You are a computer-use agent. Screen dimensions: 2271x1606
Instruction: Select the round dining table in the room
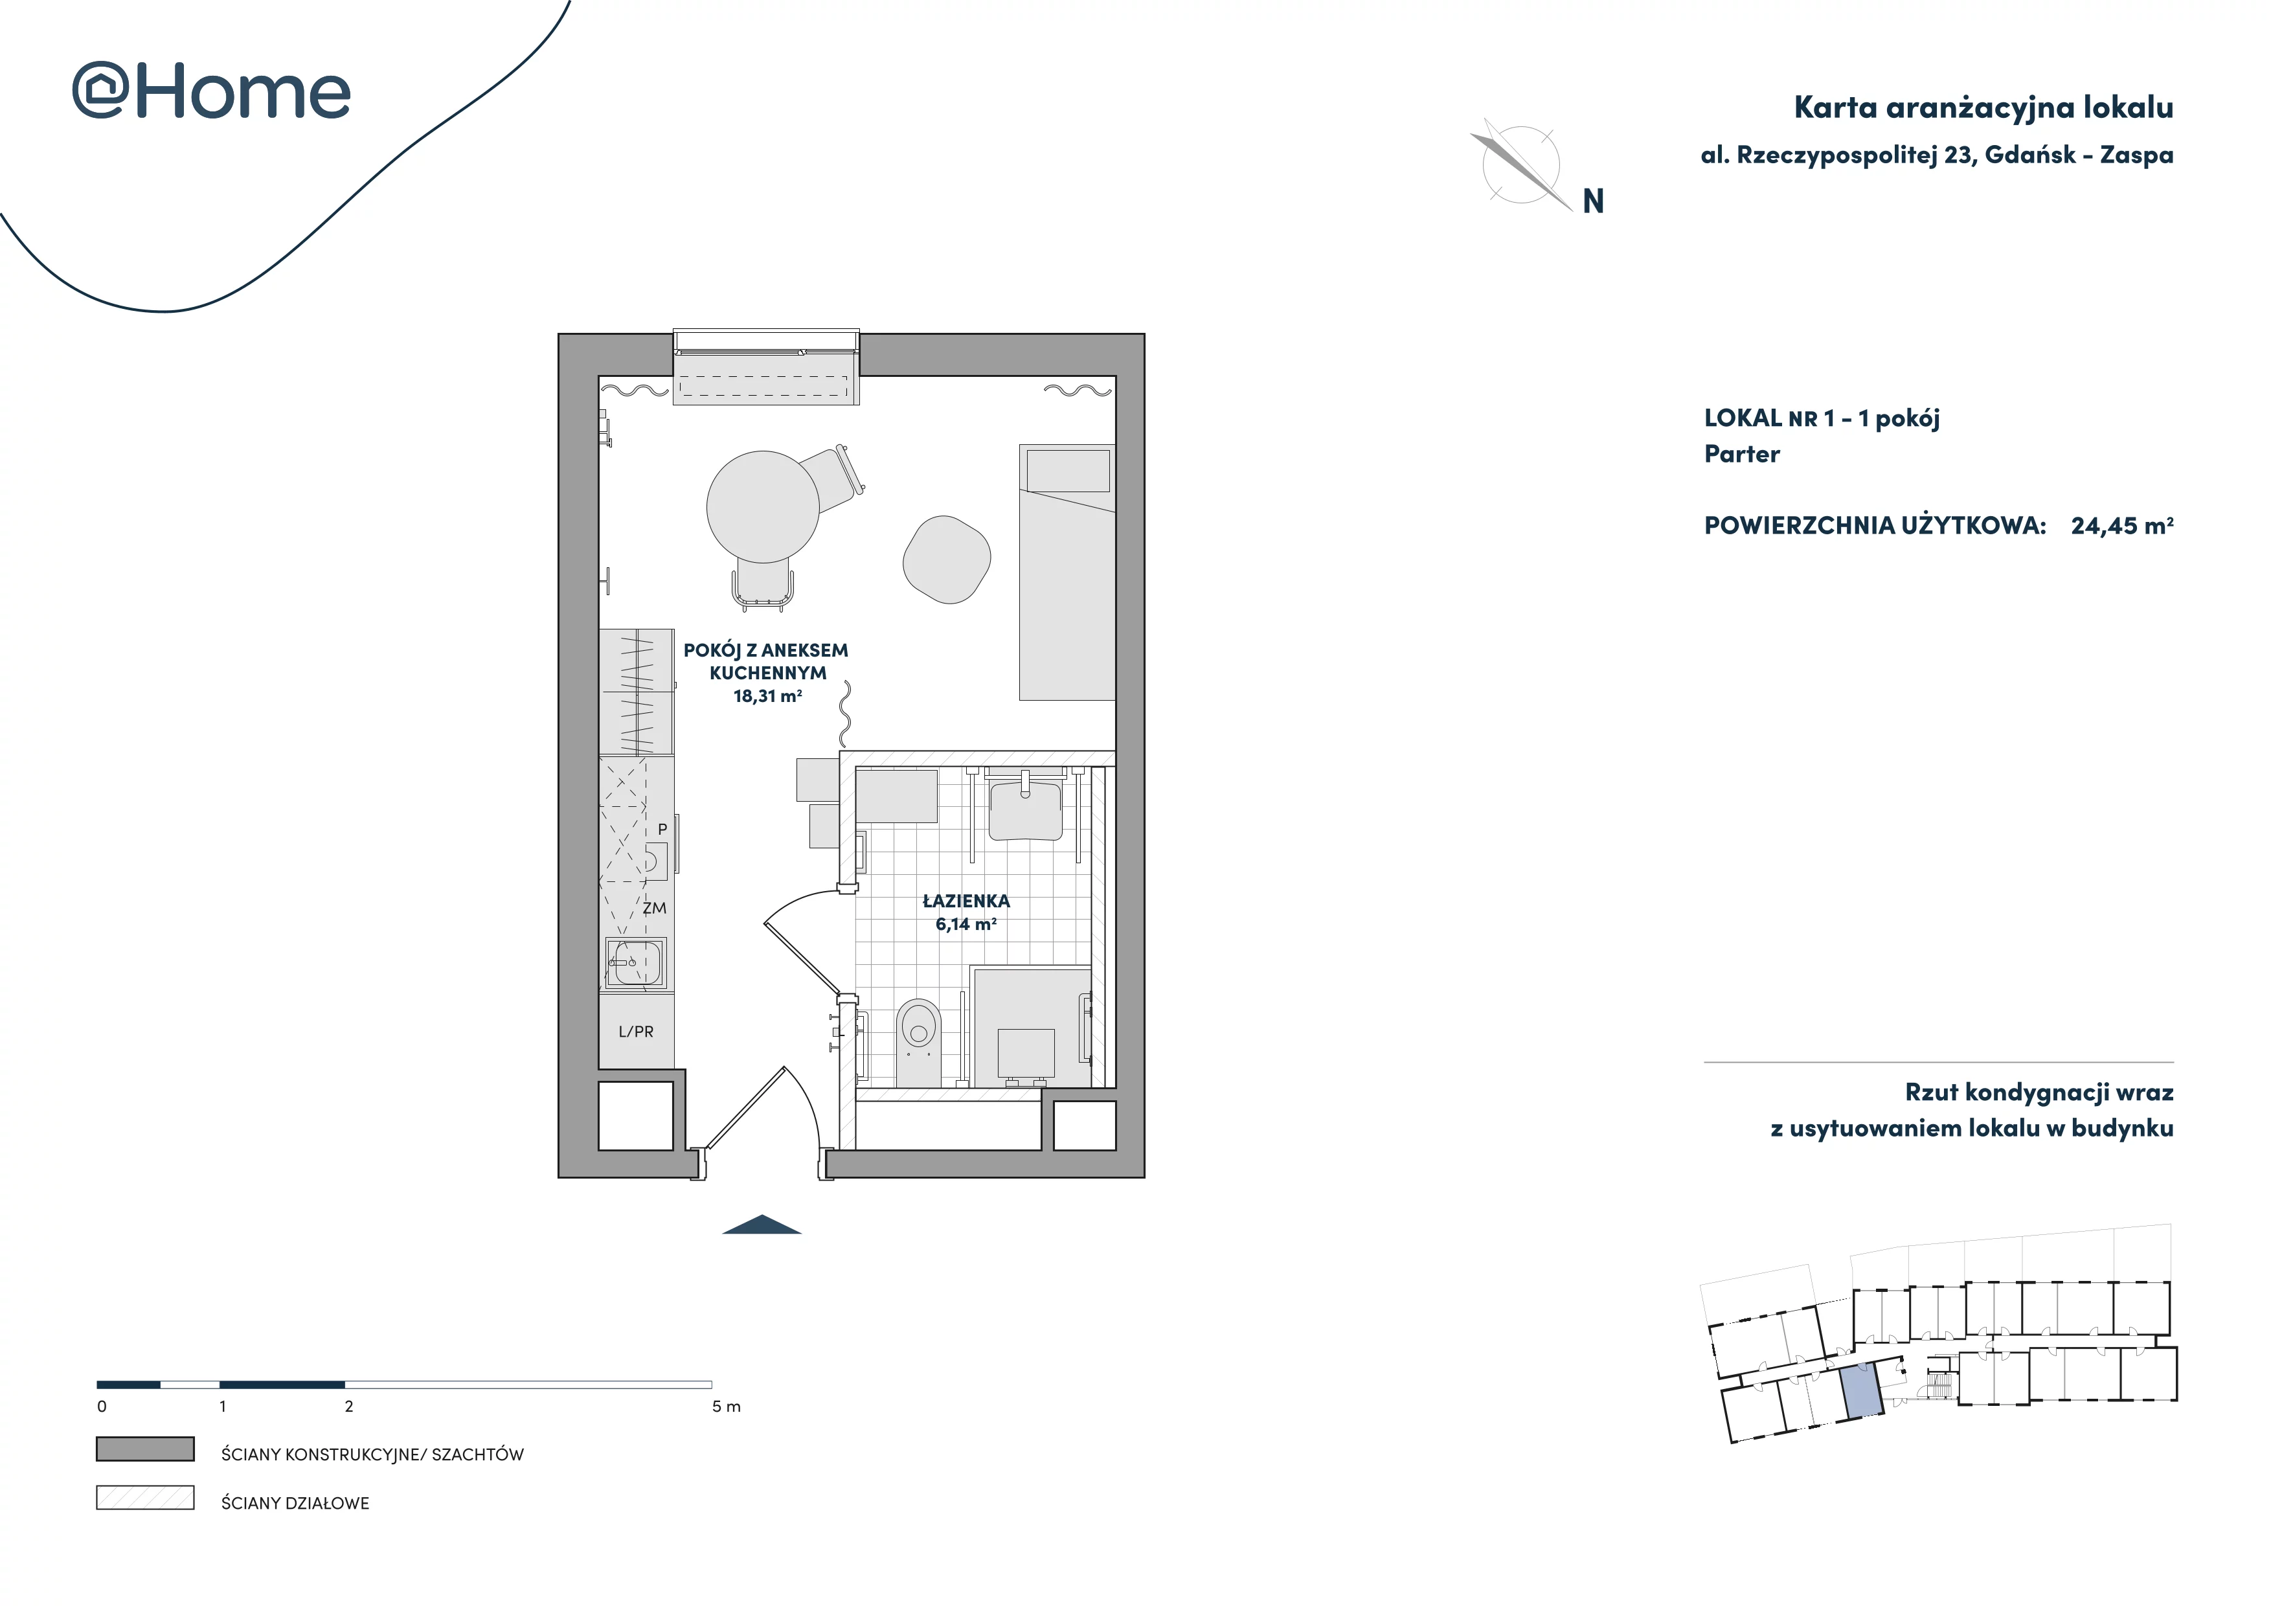(763, 506)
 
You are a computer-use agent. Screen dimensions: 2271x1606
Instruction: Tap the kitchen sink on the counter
(635, 962)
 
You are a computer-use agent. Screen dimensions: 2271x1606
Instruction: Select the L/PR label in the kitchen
(636, 1032)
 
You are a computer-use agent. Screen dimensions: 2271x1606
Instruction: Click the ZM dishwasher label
(654, 908)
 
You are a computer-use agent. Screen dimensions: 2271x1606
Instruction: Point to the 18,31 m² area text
(767, 696)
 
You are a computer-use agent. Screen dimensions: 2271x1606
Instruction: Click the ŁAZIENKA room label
(966, 901)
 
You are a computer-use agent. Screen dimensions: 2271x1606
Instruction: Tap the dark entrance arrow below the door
(762, 1225)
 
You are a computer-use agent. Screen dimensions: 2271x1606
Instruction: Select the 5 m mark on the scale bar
(726, 1407)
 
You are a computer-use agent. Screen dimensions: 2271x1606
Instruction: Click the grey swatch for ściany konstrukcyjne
(146, 1449)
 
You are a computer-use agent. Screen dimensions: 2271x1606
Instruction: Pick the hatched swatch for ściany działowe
(146, 1497)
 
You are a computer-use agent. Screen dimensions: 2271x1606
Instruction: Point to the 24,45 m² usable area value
(2121, 525)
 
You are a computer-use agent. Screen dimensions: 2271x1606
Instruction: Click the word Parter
(1742, 454)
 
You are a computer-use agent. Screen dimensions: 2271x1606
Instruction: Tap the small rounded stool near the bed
(947, 560)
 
